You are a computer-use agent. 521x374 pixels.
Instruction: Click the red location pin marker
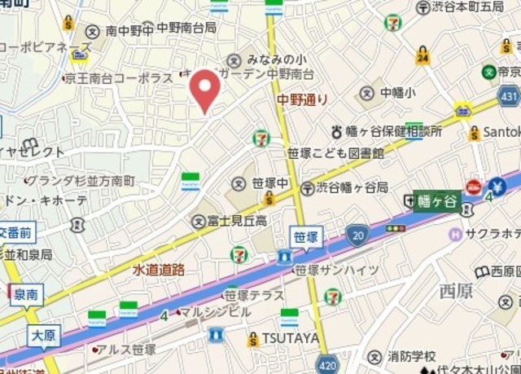(x=204, y=89)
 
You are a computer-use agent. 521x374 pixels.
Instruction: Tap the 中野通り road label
(x=303, y=100)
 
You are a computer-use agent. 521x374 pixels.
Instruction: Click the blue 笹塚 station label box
(x=306, y=237)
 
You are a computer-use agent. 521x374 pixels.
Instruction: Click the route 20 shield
(x=357, y=235)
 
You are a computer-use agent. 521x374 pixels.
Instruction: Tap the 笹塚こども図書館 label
(x=335, y=152)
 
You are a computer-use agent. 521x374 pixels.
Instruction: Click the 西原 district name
(x=455, y=289)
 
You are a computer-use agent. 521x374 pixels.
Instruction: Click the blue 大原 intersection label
(x=44, y=335)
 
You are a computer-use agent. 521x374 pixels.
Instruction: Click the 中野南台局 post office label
(x=186, y=29)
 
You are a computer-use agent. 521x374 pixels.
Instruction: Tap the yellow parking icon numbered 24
(x=422, y=55)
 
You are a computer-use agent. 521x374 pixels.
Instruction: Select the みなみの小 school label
(x=277, y=59)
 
